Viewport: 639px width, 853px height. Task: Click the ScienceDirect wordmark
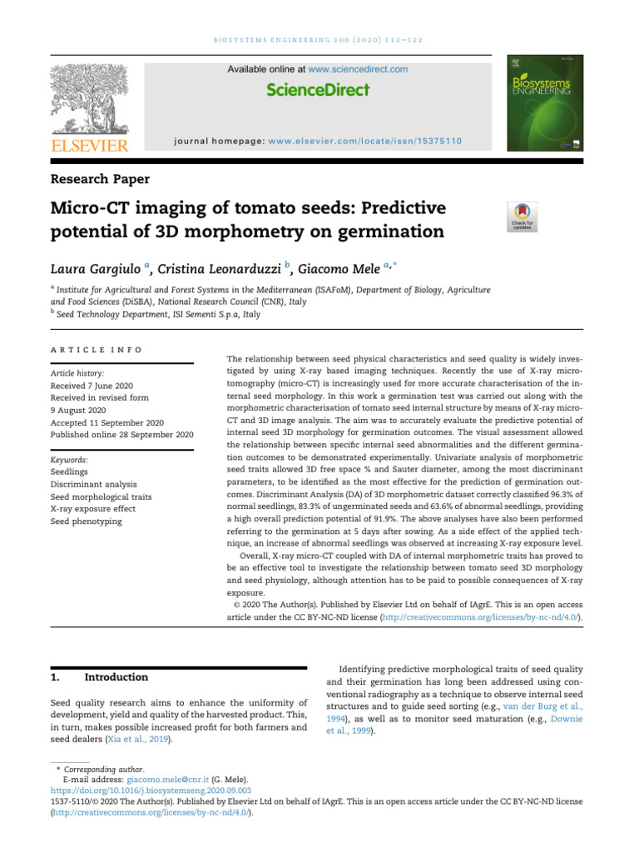point(318,90)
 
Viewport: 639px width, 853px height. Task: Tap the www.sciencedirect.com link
point(358,69)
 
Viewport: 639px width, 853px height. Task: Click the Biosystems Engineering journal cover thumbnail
point(545,106)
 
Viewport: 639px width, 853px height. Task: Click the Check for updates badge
point(522,217)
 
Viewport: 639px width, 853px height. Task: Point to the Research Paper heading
point(101,178)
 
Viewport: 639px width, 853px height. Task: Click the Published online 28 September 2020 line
point(121,435)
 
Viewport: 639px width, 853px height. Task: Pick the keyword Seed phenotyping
point(86,521)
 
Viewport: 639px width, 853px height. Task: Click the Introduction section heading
point(116,677)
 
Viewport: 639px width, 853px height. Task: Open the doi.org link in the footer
point(151,791)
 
